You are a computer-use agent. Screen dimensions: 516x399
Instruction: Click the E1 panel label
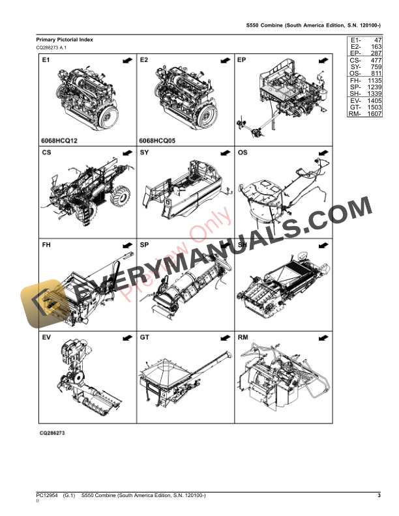[46, 60]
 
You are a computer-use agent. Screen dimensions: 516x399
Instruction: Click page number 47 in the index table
[376, 40]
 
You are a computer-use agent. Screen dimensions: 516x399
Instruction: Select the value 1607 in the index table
[373, 113]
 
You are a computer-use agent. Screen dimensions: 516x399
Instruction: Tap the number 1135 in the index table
[373, 81]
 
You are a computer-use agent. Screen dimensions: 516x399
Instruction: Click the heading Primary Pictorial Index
[64, 40]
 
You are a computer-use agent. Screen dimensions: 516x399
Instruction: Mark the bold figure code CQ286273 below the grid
[52, 433]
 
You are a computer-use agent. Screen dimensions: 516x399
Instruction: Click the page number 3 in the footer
[379, 496]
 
